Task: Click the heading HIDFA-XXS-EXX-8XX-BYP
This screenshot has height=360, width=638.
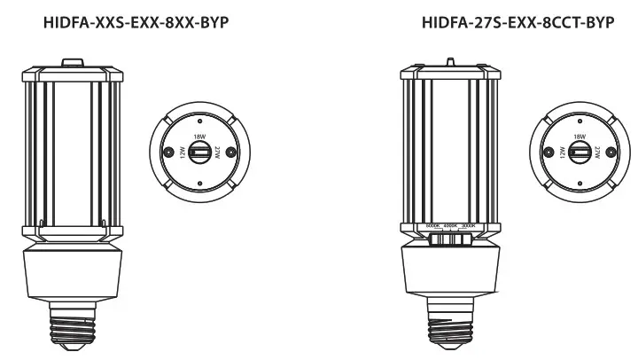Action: click(x=136, y=21)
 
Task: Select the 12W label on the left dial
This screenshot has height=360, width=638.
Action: click(x=183, y=153)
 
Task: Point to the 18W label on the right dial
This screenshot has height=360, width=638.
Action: click(x=579, y=138)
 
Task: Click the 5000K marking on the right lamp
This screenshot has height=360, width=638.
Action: click(x=432, y=227)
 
